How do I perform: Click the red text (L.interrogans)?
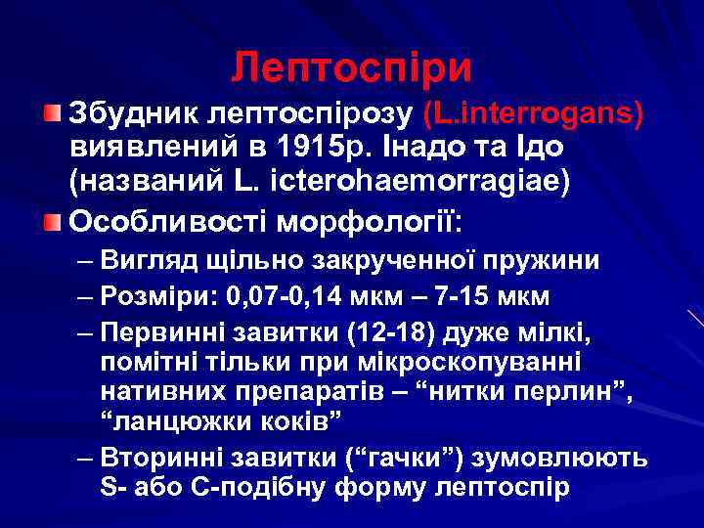[x=534, y=114]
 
